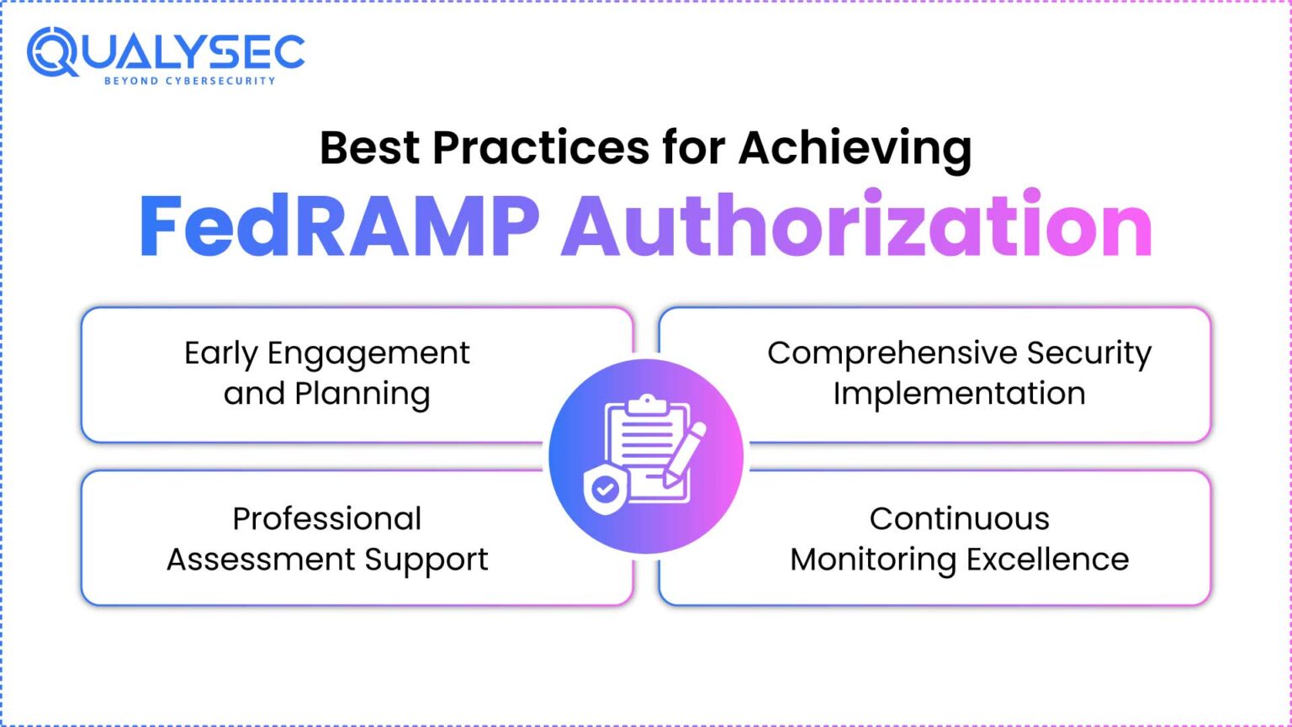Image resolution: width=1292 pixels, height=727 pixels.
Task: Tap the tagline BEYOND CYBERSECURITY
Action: point(189,81)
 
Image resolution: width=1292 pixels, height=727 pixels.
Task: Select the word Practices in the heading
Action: point(540,148)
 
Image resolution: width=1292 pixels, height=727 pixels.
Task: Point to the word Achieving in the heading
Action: point(855,148)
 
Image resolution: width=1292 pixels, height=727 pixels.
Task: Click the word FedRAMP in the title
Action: point(338,226)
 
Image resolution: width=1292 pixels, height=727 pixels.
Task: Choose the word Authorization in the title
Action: point(857,226)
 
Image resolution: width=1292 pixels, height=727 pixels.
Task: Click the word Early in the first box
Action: point(220,353)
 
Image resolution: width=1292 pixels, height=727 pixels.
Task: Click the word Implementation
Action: point(959,394)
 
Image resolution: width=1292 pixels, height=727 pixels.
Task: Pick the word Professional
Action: point(327,518)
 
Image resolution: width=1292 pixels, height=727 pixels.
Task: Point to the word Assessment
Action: point(261,560)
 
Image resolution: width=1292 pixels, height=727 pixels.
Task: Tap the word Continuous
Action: point(959,518)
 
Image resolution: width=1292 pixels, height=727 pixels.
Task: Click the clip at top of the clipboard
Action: point(646,405)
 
